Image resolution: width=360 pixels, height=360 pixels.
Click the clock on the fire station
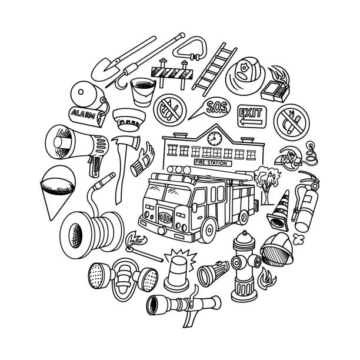coord(215,138)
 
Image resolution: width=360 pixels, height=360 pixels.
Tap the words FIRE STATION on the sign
coord(211,163)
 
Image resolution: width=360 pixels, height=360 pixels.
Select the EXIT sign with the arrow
coord(252,116)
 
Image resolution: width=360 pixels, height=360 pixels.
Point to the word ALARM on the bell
coord(84,114)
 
